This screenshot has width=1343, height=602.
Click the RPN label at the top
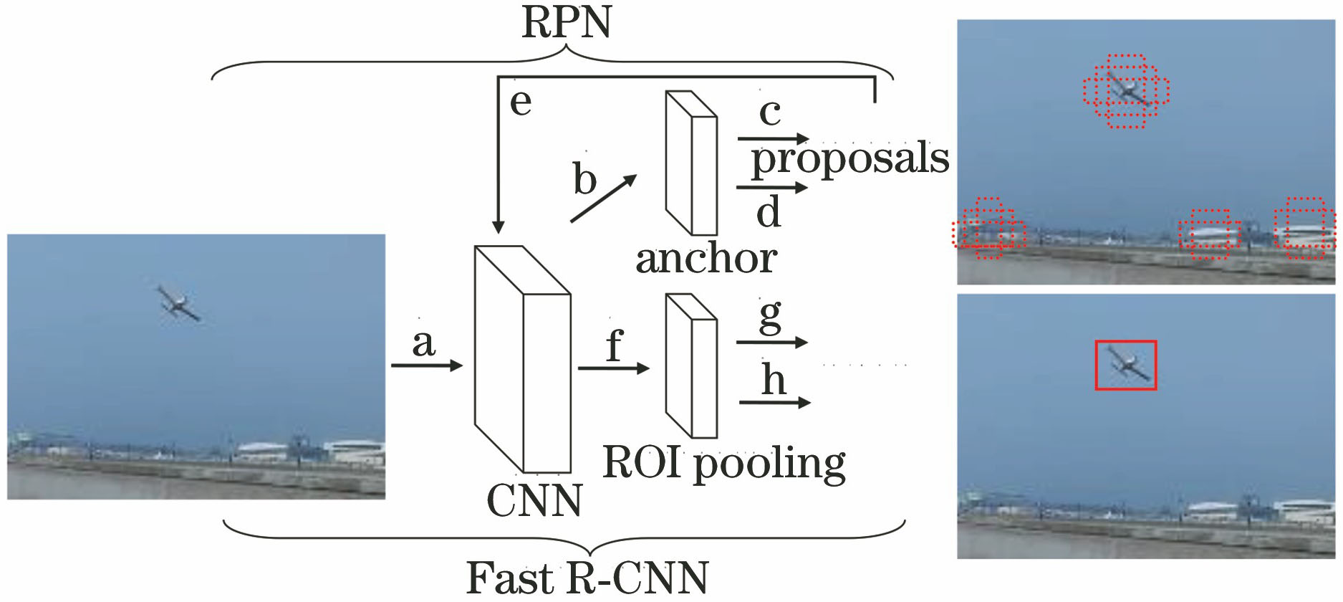point(567,23)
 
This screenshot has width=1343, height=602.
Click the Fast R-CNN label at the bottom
point(587,578)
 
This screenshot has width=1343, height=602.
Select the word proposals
point(849,159)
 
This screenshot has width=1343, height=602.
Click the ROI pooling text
point(724,463)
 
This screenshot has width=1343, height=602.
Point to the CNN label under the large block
point(534,500)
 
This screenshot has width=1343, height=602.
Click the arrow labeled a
point(427,365)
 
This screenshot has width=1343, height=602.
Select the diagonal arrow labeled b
point(603,199)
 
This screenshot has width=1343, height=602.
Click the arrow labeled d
point(771,188)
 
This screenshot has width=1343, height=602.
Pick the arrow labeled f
point(613,368)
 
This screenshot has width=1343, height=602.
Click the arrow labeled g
point(771,343)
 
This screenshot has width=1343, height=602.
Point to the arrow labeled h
point(774,403)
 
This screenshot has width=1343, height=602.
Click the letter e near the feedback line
point(521,102)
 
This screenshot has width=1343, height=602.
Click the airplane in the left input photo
point(178,303)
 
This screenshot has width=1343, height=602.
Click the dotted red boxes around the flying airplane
point(1125,91)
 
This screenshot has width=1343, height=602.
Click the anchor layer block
point(690,163)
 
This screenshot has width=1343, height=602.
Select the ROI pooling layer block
point(690,365)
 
